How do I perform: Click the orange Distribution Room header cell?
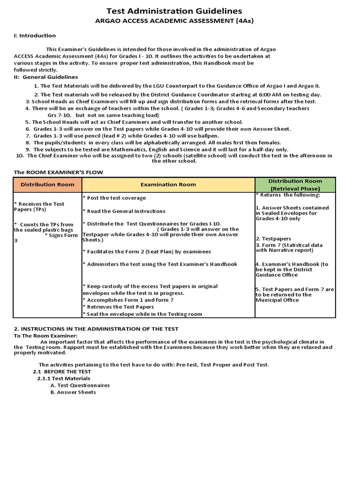[x=47, y=184]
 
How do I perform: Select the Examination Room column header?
[x=168, y=184]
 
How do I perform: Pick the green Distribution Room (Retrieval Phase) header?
[x=295, y=184]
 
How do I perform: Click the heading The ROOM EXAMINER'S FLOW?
[x=58, y=172]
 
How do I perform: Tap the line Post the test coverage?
[x=114, y=198]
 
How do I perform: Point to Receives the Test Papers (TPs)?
[x=39, y=207]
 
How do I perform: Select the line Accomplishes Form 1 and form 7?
[x=128, y=300]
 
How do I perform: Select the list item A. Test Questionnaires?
[x=80, y=385]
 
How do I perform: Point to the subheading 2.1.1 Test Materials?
[x=64, y=378]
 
